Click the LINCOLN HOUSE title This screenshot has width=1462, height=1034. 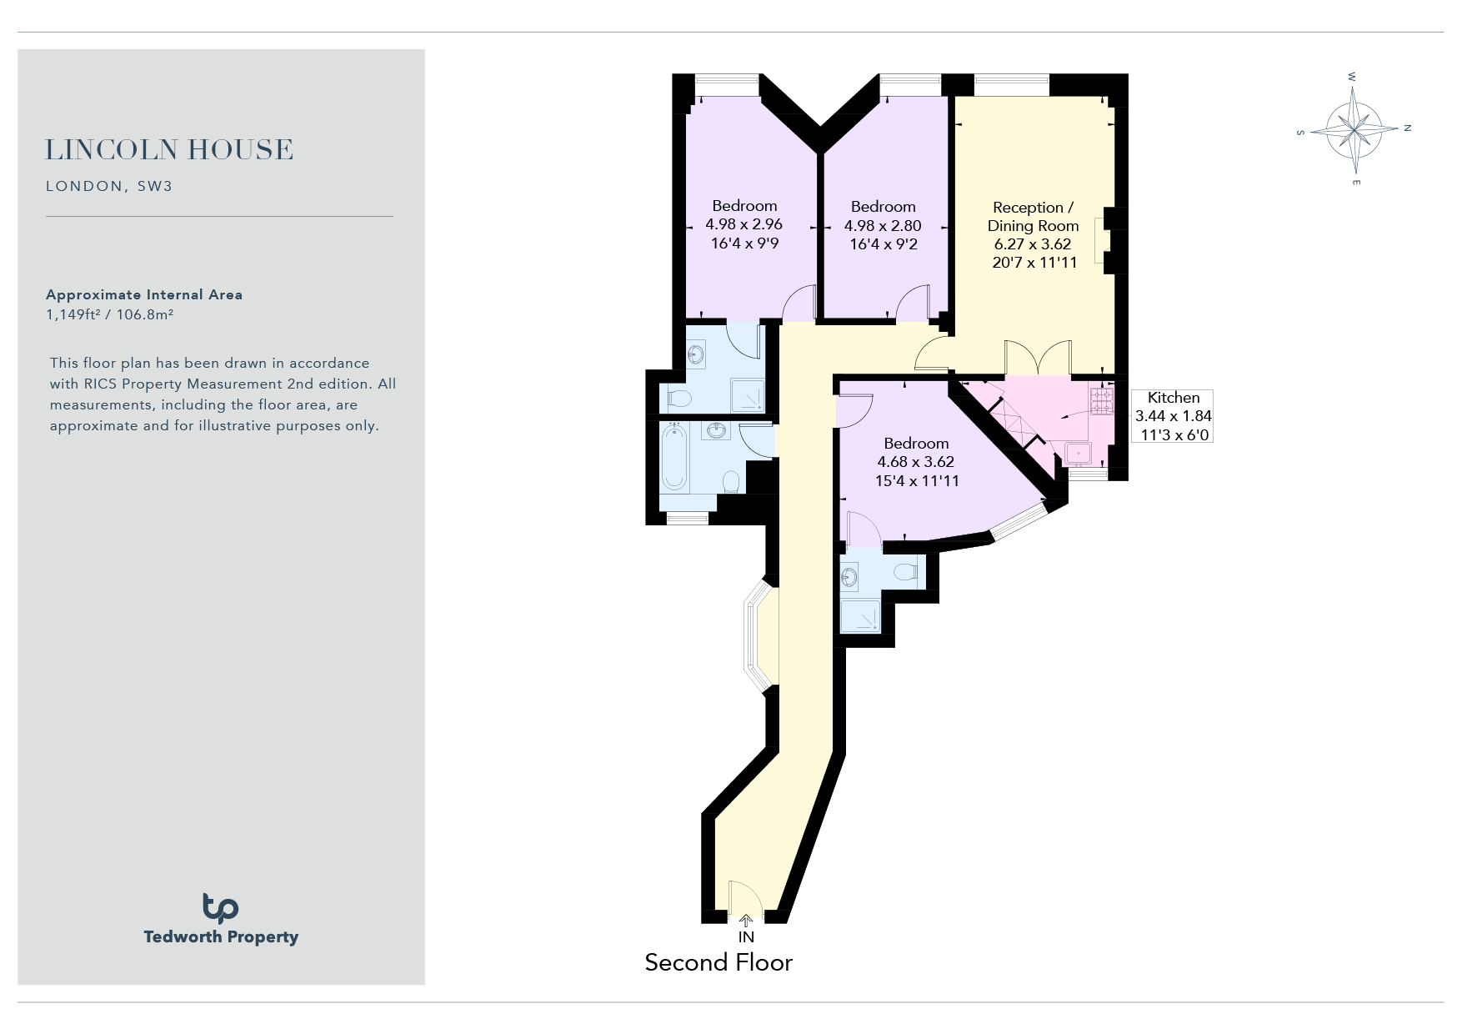(169, 150)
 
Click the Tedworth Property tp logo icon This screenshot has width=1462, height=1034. (221, 908)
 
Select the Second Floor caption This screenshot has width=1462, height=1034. (718, 962)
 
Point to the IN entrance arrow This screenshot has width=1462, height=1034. (746, 921)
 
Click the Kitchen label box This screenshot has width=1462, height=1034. (1173, 416)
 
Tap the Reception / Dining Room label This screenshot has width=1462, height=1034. (1034, 217)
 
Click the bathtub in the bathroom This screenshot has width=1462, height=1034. (673, 456)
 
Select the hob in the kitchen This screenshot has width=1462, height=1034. (1102, 401)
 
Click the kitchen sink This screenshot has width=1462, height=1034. (1080, 452)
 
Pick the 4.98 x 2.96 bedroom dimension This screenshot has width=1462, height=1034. (744, 224)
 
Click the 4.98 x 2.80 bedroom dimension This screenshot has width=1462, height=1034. (883, 225)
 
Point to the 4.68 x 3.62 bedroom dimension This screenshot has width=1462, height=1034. (916, 462)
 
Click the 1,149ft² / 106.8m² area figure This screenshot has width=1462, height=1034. (109, 314)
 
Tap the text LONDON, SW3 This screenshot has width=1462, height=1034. (109, 186)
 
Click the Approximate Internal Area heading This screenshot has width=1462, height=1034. (144, 294)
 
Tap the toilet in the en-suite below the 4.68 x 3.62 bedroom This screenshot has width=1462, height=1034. (905, 572)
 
